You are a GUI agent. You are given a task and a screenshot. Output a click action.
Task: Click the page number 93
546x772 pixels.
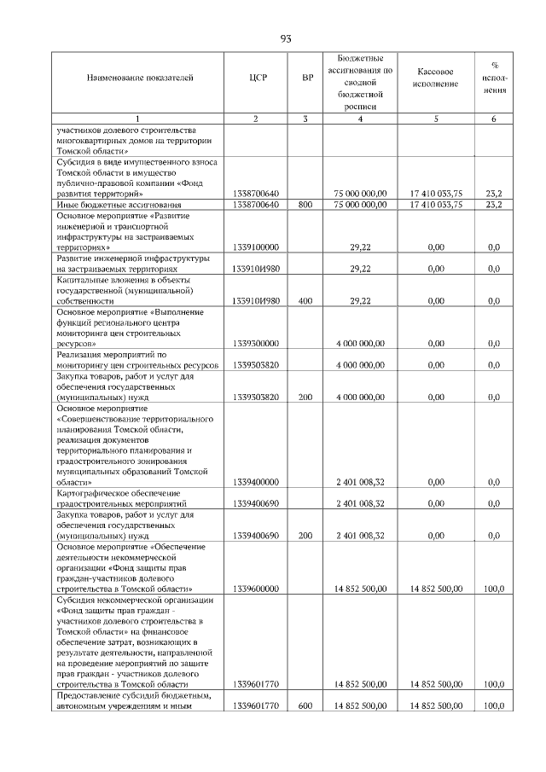point(286,38)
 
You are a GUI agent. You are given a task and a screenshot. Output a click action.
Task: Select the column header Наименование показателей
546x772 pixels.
point(140,78)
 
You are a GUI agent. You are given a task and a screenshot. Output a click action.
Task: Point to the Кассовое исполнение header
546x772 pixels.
point(436,78)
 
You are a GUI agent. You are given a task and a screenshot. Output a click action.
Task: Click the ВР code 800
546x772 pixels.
point(305,205)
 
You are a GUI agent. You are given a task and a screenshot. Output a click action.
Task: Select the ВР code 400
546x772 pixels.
point(305,301)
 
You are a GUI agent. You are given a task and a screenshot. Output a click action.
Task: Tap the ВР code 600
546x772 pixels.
point(305,705)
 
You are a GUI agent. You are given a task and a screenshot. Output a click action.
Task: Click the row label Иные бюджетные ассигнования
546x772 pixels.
point(119,205)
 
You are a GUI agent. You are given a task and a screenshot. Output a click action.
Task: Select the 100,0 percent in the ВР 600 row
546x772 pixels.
point(493,705)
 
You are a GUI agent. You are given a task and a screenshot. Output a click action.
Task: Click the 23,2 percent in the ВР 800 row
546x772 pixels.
point(493,205)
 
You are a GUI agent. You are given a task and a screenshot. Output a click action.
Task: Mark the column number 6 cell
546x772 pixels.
point(493,119)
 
